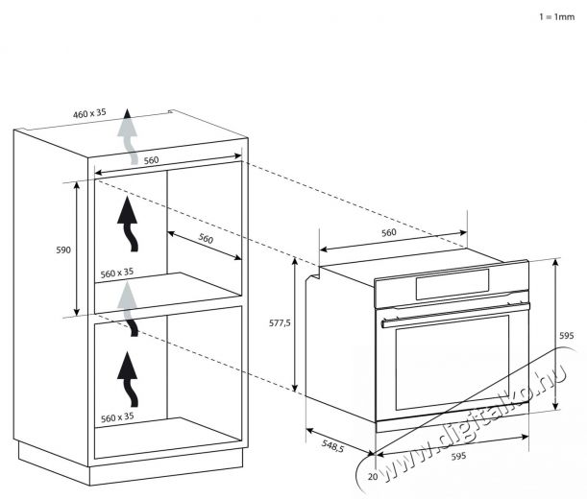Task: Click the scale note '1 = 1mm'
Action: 556,17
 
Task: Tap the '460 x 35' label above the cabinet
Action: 89,113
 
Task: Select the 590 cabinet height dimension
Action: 63,249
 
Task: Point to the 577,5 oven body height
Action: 280,322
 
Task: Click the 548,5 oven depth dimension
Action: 332,445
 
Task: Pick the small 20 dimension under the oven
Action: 373,477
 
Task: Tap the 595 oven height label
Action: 567,336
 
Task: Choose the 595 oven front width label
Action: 458,456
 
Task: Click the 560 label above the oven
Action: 388,232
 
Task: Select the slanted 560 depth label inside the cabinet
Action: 206,238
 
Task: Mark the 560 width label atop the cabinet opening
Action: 151,160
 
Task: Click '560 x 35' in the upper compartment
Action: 117,273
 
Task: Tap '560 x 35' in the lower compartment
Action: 117,417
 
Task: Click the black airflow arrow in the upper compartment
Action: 129,224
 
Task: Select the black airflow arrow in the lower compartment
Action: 129,379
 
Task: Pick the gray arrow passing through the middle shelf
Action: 128,309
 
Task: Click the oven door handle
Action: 455,315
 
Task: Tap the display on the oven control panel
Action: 452,284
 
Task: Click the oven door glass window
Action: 452,362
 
